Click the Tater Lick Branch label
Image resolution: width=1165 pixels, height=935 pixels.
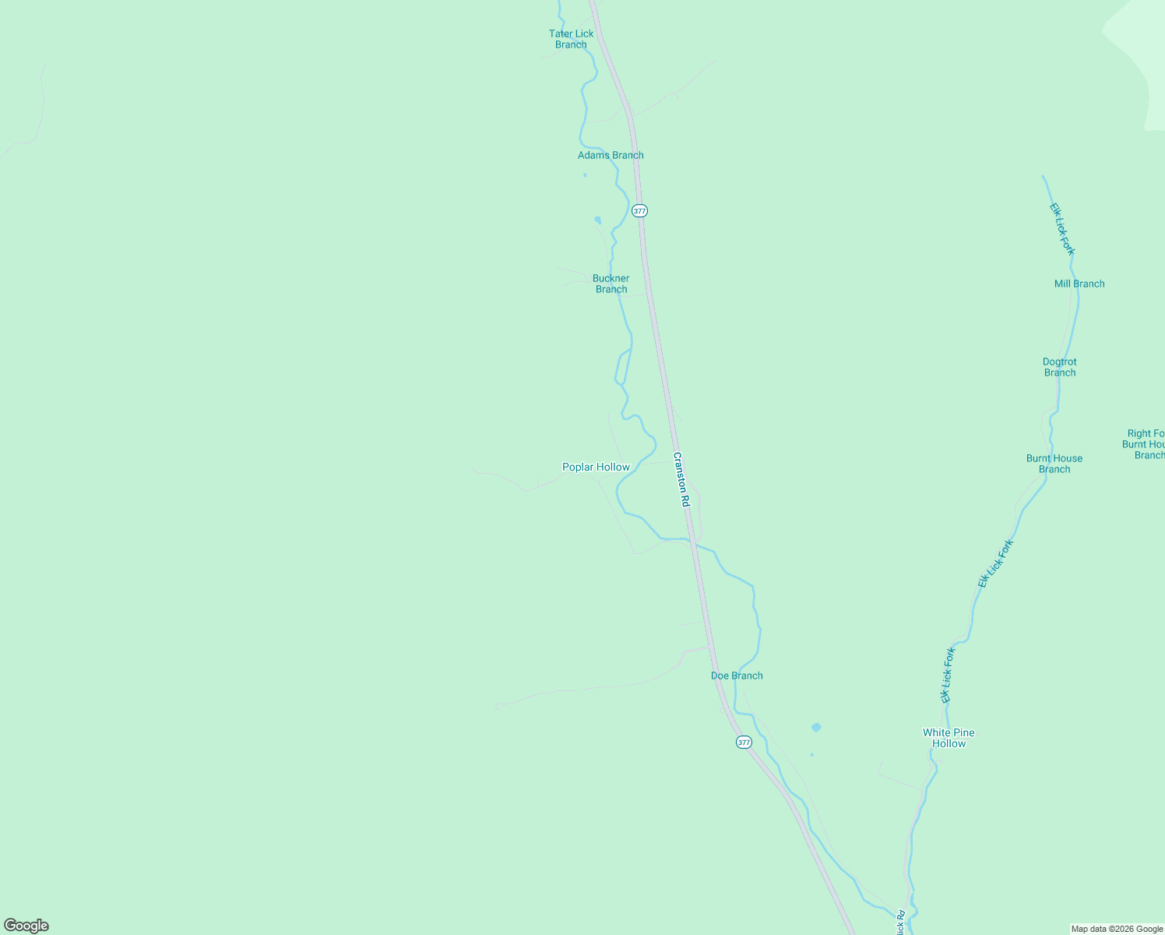pyautogui.click(x=571, y=39)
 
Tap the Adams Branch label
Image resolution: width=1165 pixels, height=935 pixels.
pyautogui.click(x=611, y=155)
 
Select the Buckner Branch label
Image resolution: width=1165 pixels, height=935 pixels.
pyautogui.click(x=611, y=284)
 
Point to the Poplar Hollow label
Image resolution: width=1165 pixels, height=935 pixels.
pyautogui.click(x=596, y=467)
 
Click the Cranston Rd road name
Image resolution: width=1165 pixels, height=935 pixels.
pyautogui.click(x=681, y=480)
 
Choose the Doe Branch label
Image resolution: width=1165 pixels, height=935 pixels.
pyautogui.click(x=737, y=676)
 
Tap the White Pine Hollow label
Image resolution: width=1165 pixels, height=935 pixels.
pyautogui.click(x=949, y=738)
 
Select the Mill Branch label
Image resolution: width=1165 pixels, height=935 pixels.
pyautogui.click(x=1079, y=284)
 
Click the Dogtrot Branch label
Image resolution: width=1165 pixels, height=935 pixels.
pyautogui.click(x=1059, y=367)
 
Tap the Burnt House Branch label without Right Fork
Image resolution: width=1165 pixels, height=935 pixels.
pyautogui.click(x=1054, y=464)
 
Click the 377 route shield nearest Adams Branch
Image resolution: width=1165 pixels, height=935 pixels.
pyautogui.click(x=639, y=211)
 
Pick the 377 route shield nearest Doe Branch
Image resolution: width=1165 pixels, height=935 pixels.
pyautogui.click(x=744, y=743)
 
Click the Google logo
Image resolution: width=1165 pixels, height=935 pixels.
pyautogui.click(x=26, y=926)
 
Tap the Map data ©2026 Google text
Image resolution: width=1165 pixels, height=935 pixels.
pyautogui.click(x=1117, y=929)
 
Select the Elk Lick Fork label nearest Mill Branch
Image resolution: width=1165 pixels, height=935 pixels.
pyautogui.click(x=1061, y=229)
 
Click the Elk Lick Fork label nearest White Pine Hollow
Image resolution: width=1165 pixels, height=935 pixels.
pyautogui.click(x=947, y=676)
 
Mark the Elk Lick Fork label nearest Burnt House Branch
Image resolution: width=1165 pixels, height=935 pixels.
pyautogui.click(x=996, y=563)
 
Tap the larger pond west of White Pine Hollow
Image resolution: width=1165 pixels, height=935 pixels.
pyautogui.click(x=816, y=727)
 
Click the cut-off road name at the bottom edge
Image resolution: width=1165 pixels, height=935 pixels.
pyautogui.click(x=900, y=923)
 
